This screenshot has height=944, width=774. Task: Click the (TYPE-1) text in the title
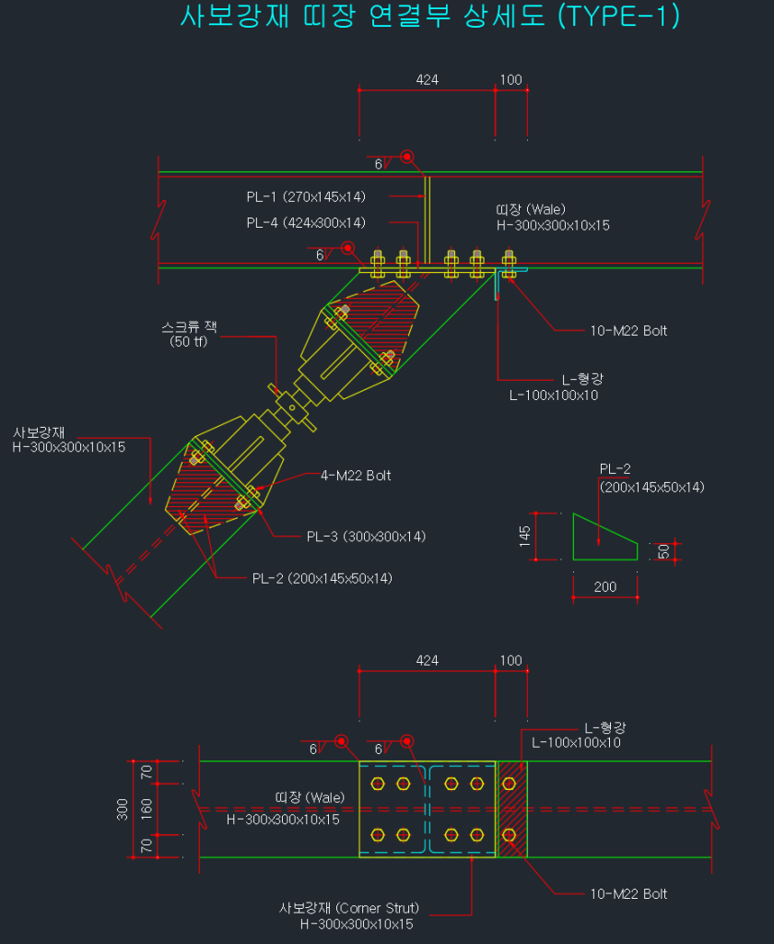(619, 16)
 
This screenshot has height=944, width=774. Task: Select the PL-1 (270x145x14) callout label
(306, 197)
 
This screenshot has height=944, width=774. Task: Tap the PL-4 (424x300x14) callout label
(306, 223)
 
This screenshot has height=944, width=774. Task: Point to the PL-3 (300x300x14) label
(366, 537)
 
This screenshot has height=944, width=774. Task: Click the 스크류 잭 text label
(189, 327)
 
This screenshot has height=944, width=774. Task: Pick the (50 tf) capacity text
(188, 342)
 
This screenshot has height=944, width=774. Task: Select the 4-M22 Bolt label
(356, 476)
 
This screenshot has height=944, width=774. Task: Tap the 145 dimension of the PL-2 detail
(525, 536)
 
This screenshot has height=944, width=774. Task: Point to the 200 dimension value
(604, 587)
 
